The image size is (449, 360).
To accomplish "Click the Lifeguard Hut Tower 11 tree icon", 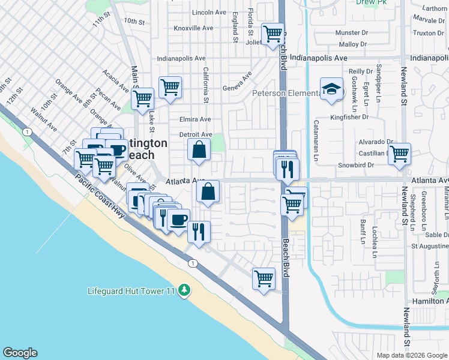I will pos(184,290).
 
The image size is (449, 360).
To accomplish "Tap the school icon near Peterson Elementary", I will pos(330,89).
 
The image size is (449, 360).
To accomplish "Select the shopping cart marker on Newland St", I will pos(399,154).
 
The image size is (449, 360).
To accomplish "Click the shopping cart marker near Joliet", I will pos(273,33).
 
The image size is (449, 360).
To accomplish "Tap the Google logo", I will pos(20,353).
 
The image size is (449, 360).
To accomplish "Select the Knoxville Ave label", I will pos(193,28).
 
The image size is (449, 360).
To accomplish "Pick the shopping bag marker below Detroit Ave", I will pos(199,149).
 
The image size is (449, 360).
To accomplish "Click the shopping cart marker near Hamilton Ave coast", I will pos(264,278).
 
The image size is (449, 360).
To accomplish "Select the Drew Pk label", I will pos(371,2).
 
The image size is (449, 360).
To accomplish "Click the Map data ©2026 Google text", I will pos(411,355).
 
